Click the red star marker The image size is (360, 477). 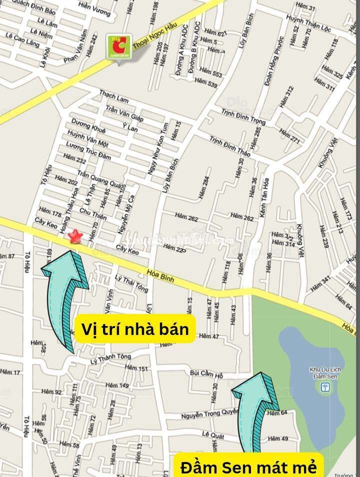point(75,235)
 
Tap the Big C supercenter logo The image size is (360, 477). point(119,46)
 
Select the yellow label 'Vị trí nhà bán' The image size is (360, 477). point(134,329)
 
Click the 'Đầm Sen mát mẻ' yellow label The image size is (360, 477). point(248,467)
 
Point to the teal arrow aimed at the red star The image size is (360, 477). point(65,295)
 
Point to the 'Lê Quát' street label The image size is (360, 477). point(212,433)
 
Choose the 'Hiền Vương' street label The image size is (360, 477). point(94,10)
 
